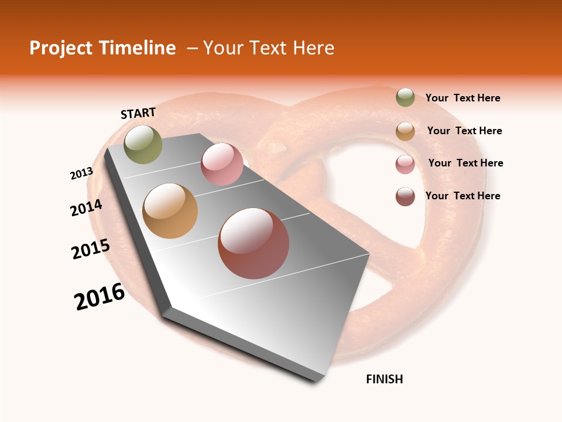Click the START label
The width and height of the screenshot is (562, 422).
click(138, 113)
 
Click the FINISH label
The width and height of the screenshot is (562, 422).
click(385, 379)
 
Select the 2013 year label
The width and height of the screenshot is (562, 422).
click(81, 173)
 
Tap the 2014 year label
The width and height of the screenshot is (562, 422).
click(87, 207)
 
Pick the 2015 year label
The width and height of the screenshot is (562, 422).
click(91, 249)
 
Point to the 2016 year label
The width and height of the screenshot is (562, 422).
click(100, 297)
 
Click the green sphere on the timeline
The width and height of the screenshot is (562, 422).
click(143, 144)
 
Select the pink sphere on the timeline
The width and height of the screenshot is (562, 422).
click(222, 164)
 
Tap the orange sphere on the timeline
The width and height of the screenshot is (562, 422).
click(170, 211)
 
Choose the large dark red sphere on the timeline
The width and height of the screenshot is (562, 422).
click(253, 243)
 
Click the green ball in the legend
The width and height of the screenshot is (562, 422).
click(405, 97)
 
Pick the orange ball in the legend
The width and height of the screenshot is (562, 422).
click(405, 131)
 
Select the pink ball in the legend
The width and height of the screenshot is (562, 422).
click(405, 164)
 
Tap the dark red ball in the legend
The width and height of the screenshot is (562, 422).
click(405, 196)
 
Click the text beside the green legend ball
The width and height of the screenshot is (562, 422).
click(463, 98)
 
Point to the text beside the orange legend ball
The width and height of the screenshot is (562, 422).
click(464, 131)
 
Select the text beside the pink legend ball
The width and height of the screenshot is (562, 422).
click(465, 163)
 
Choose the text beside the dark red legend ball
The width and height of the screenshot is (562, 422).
click(463, 196)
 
